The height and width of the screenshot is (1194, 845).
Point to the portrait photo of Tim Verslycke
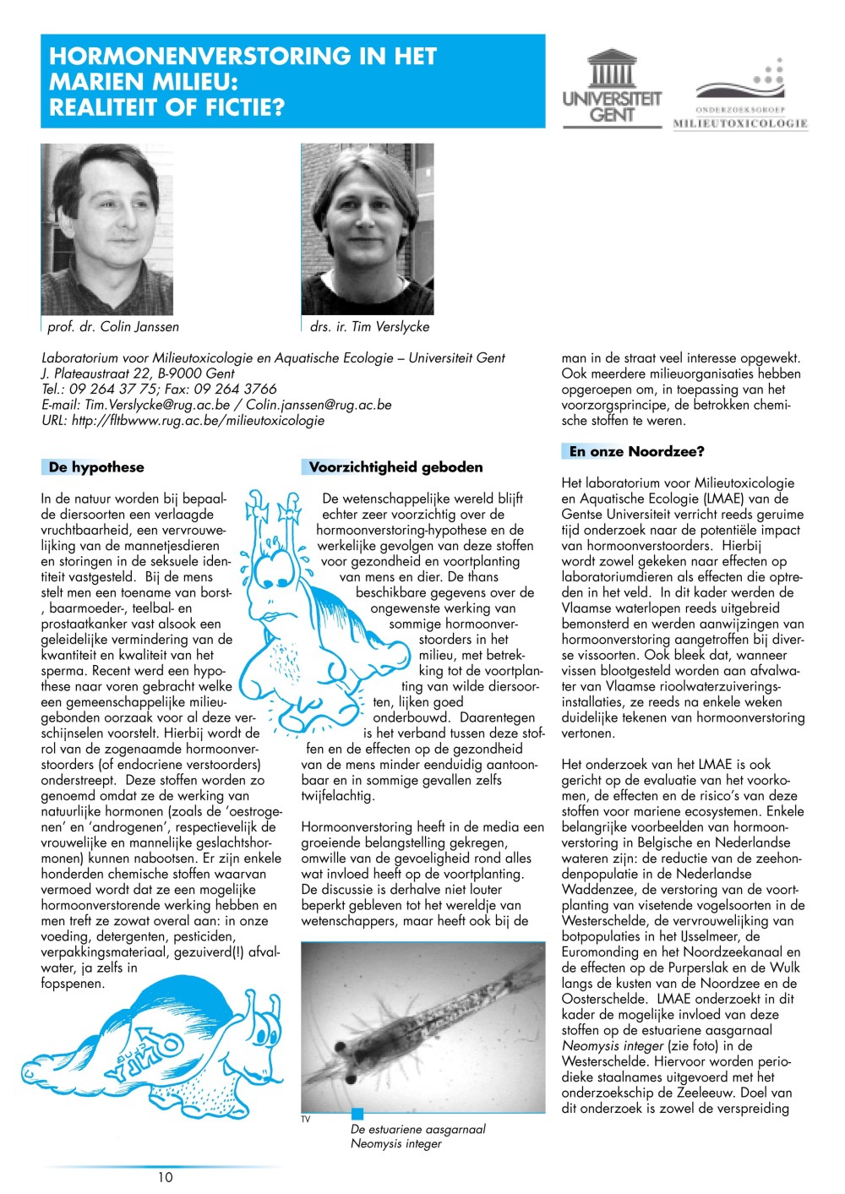click(x=368, y=229)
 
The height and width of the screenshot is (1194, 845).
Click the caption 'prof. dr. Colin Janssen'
click(x=113, y=327)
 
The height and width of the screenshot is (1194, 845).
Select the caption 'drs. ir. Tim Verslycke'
click(x=369, y=327)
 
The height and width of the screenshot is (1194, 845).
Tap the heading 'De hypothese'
click(x=96, y=467)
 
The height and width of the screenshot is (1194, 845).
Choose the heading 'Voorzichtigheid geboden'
click(x=395, y=467)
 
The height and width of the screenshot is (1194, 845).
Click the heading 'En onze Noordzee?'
click(x=636, y=452)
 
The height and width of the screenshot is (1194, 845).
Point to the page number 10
click(x=165, y=1177)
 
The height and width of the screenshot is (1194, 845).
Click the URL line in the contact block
click(x=183, y=420)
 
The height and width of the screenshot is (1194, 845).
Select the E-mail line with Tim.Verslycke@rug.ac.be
click(x=216, y=405)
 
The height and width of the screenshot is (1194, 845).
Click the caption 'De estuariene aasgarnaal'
click(x=418, y=1129)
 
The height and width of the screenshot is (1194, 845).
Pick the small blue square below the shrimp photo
click(x=357, y=1114)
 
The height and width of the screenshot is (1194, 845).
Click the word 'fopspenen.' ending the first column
click(x=73, y=984)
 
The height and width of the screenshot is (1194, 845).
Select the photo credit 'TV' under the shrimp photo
click(x=306, y=1120)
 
